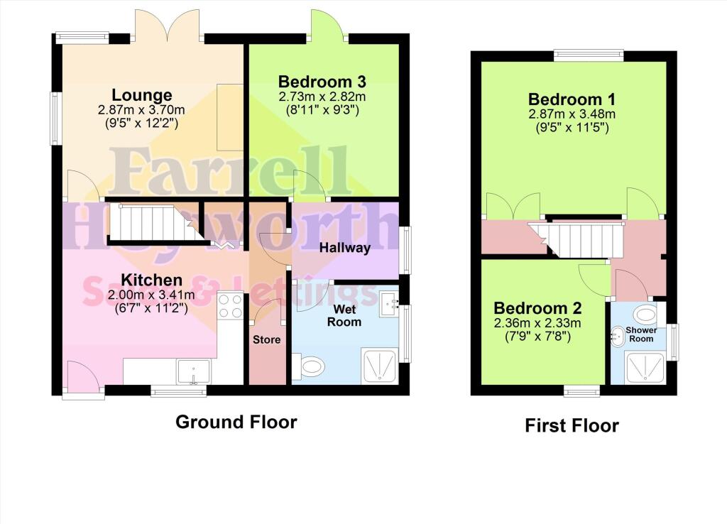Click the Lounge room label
pos(142,95)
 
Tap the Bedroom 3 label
pos(322,81)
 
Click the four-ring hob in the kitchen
pos(231,306)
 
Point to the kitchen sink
pos(192,370)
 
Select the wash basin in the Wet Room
pos(389,305)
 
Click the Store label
pos(267,339)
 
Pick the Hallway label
pos(344,248)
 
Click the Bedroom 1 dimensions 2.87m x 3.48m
pos(572,114)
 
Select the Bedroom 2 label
pos(537,308)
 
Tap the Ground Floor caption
pos(236,422)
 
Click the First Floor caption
pos(572,425)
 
